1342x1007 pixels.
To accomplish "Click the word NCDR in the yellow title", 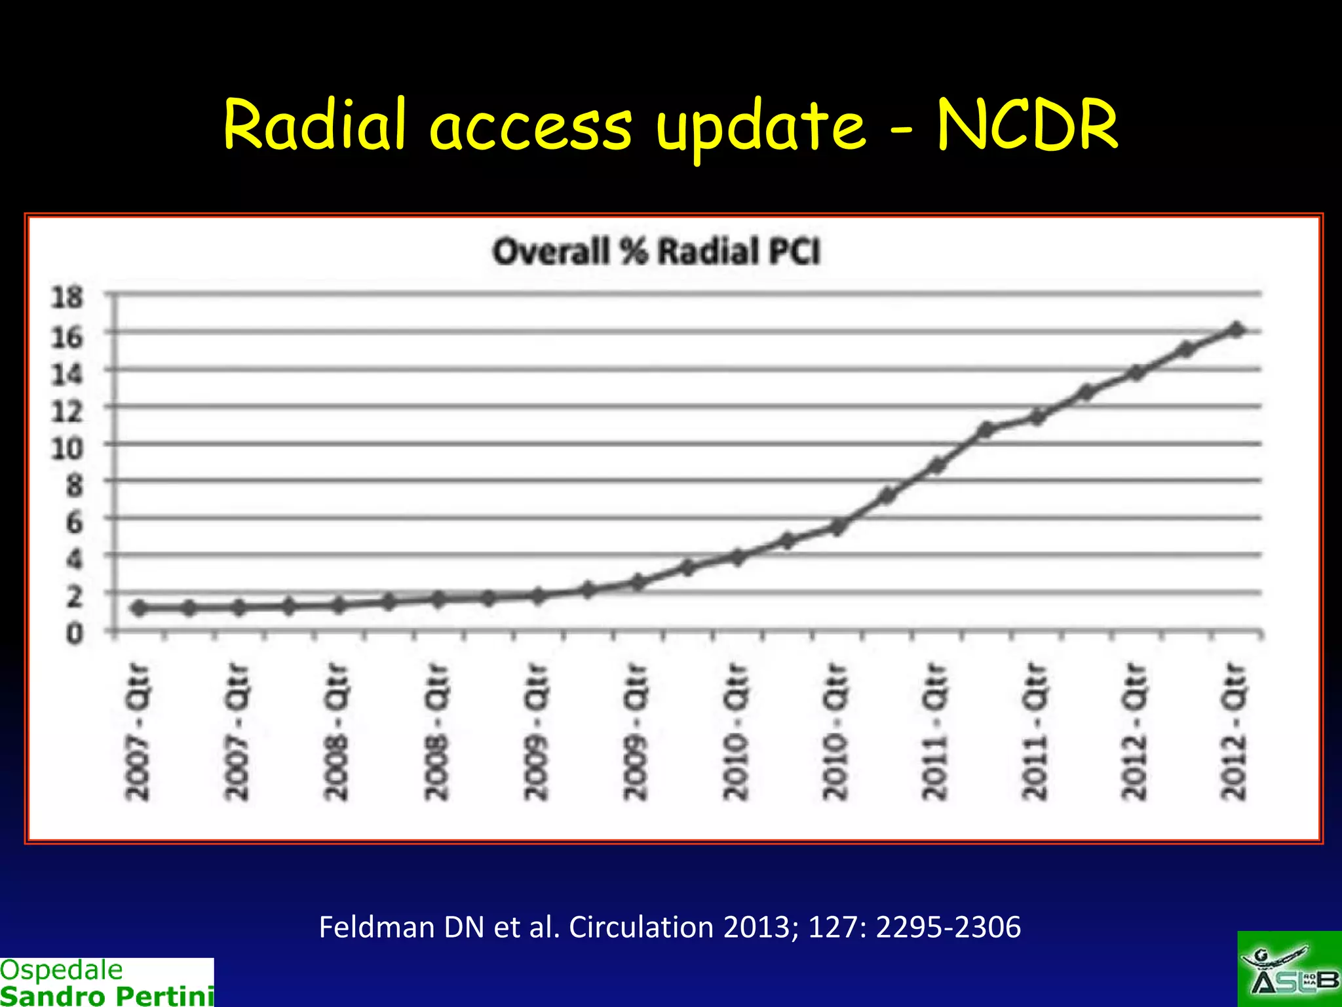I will click(1027, 125).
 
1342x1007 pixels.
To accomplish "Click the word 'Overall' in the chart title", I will click(550, 252).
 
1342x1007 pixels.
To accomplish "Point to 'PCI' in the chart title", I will click(795, 252).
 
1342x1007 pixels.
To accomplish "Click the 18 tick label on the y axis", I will click(67, 297).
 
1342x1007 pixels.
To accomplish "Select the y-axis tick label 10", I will click(67, 449).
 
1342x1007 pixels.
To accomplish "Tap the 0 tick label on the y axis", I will click(74, 634).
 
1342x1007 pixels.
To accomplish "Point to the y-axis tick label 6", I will click(74, 523).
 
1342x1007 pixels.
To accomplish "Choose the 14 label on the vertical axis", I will click(67, 374).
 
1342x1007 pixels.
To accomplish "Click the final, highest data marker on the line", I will click(1236, 330).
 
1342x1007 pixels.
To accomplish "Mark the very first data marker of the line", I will click(139, 608).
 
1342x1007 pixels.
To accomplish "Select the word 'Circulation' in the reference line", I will click(641, 927).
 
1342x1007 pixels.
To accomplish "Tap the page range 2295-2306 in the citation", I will click(948, 927).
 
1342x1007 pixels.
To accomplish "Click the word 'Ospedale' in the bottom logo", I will click(62, 970).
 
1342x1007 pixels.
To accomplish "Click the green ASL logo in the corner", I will click(1289, 970).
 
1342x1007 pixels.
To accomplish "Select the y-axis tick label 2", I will click(74, 597).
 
